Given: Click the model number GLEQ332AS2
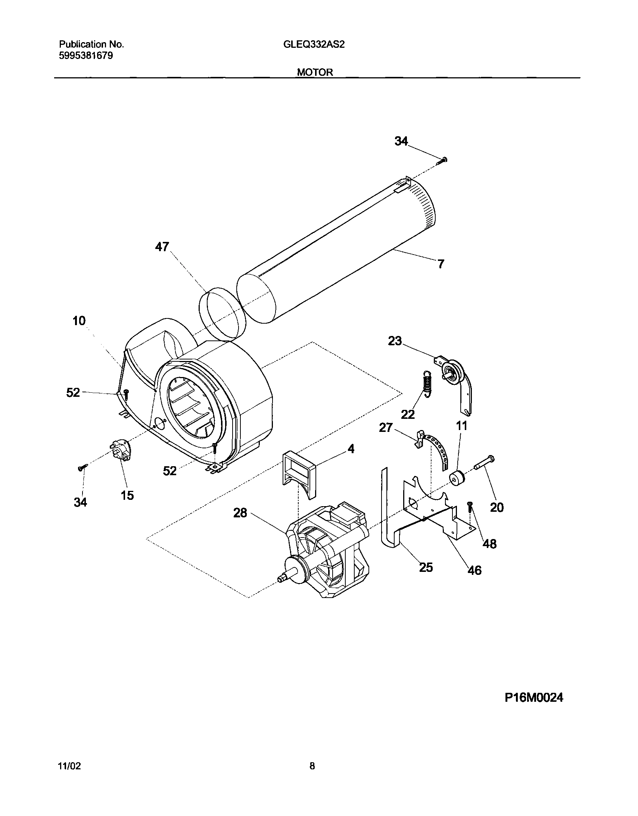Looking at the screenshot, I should point(314,45).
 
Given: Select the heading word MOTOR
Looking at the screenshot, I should point(315,72).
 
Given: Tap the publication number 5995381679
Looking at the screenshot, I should point(86,56).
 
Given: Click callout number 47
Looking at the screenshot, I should point(162,247).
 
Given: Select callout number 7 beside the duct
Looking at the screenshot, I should point(441,264).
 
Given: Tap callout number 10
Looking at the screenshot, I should point(79,321).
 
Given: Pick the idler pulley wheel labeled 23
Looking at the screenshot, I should point(453,370).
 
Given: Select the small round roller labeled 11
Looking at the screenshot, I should point(457,478).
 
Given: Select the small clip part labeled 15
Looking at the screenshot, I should point(120,450).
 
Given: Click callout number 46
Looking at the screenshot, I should point(474,570).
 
